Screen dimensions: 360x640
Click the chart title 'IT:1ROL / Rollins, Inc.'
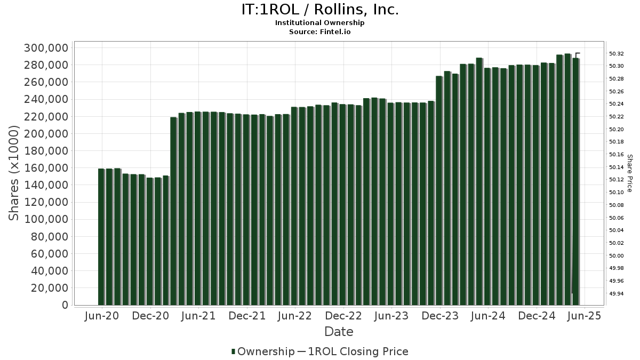319,10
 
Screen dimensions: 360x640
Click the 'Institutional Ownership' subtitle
319,23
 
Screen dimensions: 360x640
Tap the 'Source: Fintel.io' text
319,31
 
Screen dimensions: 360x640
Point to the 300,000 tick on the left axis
46,48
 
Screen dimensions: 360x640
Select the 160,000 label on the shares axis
46,168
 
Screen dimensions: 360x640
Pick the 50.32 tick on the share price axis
617,54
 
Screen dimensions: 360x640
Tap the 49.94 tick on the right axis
617,294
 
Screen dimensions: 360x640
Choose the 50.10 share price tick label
617,193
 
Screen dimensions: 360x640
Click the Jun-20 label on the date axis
102,316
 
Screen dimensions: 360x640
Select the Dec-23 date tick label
440,316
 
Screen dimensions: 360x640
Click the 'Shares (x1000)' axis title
14,173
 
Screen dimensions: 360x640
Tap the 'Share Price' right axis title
629,173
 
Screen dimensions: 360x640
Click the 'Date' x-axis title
339,332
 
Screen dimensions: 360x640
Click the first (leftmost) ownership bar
101,237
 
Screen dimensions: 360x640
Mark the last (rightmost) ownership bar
576,181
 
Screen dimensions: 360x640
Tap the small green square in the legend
234,351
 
